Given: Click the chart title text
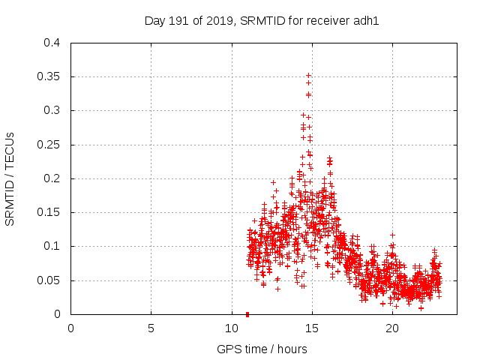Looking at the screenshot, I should click(x=262, y=20).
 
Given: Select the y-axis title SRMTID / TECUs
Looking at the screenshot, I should click(x=10, y=178).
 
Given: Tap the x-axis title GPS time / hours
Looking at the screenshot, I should click(x=262, y=349).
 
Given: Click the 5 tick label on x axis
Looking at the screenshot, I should click(x=151, y=328).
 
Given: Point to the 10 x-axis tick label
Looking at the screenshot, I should click(x=231, y=328).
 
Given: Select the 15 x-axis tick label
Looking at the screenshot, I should click(x=311, y=328).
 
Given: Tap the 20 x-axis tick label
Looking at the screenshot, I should click(x=391, y=328).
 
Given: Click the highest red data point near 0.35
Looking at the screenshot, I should click(x=308, y=76).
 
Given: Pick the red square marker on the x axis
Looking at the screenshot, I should click(x=247, y=314).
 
